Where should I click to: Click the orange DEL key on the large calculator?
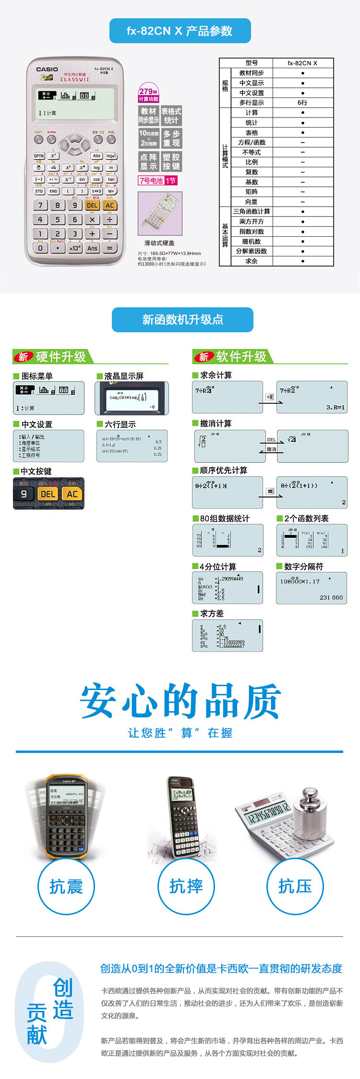pos(92,206)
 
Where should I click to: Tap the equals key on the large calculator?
pos(110,248)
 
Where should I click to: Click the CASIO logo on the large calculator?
pos(47,70)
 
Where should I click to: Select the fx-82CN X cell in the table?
pos(302,63)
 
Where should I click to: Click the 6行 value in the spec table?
pos(302,103)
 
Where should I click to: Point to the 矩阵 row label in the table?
pos(252,192)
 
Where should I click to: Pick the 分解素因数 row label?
pos(252,251)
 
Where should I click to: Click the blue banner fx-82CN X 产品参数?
pos(180,31)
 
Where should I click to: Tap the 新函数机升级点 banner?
pos(182,320)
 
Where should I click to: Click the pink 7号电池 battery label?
pos(151,181)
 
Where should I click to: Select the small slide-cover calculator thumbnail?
pos(160,214)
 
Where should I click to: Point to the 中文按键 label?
pos(36,472)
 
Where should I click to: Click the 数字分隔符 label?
pos(304,567)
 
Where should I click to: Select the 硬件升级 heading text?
pos(61,357)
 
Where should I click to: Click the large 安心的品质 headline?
pos(180,701)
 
